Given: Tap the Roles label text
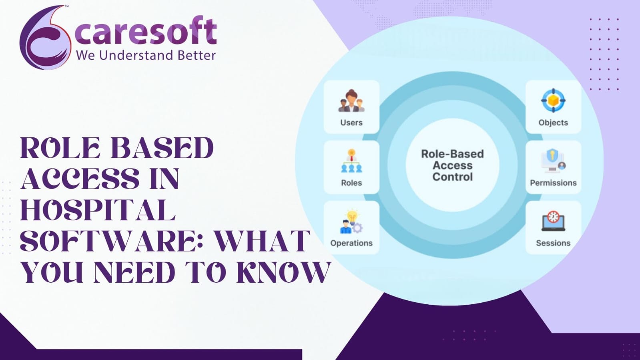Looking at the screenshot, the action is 351,183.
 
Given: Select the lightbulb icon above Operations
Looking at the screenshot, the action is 352,221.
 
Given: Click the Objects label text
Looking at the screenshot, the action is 553,123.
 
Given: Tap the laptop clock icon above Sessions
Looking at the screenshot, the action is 553,221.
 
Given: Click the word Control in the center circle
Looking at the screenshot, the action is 453,177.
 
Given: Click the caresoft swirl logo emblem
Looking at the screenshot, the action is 45,38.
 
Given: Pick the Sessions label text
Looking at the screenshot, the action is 553,243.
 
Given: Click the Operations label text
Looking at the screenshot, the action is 351,243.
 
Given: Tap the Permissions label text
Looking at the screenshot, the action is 553,183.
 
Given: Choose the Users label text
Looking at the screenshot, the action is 351,123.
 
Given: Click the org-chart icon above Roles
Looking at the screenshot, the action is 352,161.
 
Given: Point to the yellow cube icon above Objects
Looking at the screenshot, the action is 553,101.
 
